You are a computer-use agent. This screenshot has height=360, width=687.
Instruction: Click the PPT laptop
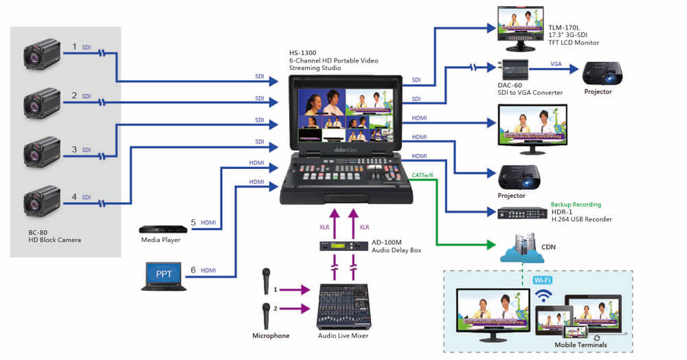164,275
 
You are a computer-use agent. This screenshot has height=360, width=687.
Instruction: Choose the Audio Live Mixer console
343,308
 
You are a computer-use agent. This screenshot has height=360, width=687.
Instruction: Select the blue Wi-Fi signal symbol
543,295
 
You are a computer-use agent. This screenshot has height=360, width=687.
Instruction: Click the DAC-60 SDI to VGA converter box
515,68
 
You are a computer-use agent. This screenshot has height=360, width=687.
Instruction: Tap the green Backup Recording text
576,205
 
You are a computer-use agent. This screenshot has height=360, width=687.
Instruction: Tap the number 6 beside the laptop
193,270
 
